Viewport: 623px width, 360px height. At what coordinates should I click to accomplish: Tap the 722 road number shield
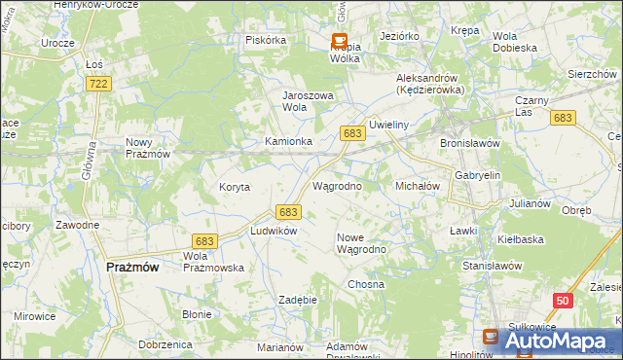tap(98, 85)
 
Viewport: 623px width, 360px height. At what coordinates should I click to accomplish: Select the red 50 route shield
tap(562, 302)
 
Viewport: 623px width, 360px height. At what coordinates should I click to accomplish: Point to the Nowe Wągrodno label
tap(362, 243)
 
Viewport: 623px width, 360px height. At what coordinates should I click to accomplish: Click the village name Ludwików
tap(273, 231)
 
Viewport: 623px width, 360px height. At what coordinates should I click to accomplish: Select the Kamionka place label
tap(288, 141)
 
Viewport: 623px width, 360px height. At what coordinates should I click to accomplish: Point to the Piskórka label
tap(266, 40)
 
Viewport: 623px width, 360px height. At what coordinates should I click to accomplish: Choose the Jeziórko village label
tap(400, 36)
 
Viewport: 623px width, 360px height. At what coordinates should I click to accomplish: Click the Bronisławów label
tap(470, 142)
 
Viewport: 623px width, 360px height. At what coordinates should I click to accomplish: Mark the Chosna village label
tap(366, 284)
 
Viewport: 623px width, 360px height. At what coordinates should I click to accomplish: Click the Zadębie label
tap(299, 300)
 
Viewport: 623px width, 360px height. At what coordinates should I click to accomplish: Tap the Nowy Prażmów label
tap(148, 148)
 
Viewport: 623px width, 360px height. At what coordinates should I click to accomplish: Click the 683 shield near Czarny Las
tap(562, 118)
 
